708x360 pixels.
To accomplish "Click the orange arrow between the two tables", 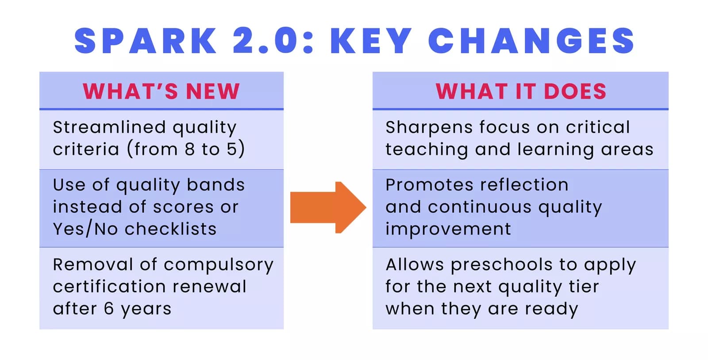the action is point(328,208).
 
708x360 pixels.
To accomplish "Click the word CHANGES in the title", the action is point(531,41).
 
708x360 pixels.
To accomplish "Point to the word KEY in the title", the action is point(371,41).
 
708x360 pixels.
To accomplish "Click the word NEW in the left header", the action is point(213,91).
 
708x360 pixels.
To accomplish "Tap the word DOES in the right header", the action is point(575,91).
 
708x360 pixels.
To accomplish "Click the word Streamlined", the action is point(109,127).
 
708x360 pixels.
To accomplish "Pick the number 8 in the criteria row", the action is point(190,149).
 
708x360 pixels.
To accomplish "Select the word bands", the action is point(216,185).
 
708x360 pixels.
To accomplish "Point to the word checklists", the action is point(171,229).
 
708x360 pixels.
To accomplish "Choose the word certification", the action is point(109,286).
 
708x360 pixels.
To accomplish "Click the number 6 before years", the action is point(109,309).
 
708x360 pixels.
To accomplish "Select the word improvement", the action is point(448,229).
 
